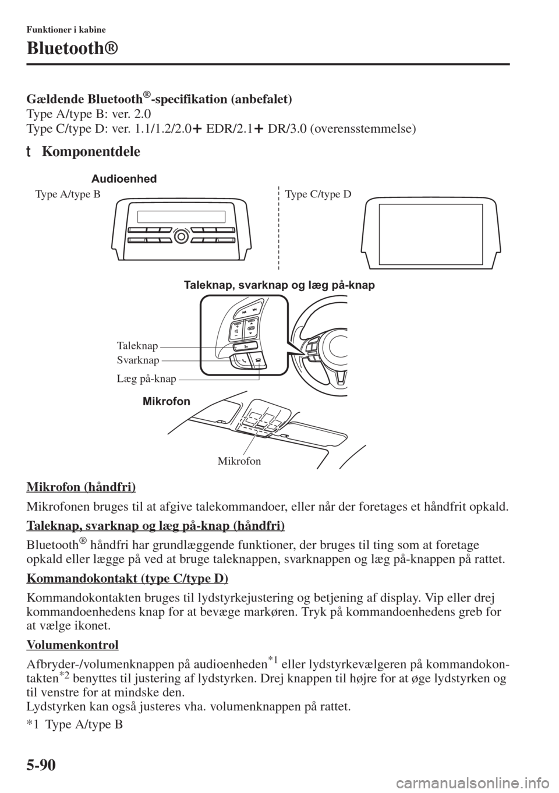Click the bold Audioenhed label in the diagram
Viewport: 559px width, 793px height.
(124, 179)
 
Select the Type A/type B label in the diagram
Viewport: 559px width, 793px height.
(68, 194)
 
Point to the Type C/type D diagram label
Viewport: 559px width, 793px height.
(319, 194)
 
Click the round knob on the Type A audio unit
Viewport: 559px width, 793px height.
(182, 236)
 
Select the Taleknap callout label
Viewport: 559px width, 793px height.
(137, 346)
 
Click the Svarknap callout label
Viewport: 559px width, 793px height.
(138, 360)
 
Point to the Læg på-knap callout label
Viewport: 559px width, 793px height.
(147, 379)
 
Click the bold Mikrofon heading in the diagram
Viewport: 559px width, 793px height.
(166, 401)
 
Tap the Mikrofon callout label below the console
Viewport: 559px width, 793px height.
(239, 461)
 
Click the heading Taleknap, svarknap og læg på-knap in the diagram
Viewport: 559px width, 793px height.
(279, 285)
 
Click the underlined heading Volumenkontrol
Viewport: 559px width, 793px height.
(73, 645)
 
